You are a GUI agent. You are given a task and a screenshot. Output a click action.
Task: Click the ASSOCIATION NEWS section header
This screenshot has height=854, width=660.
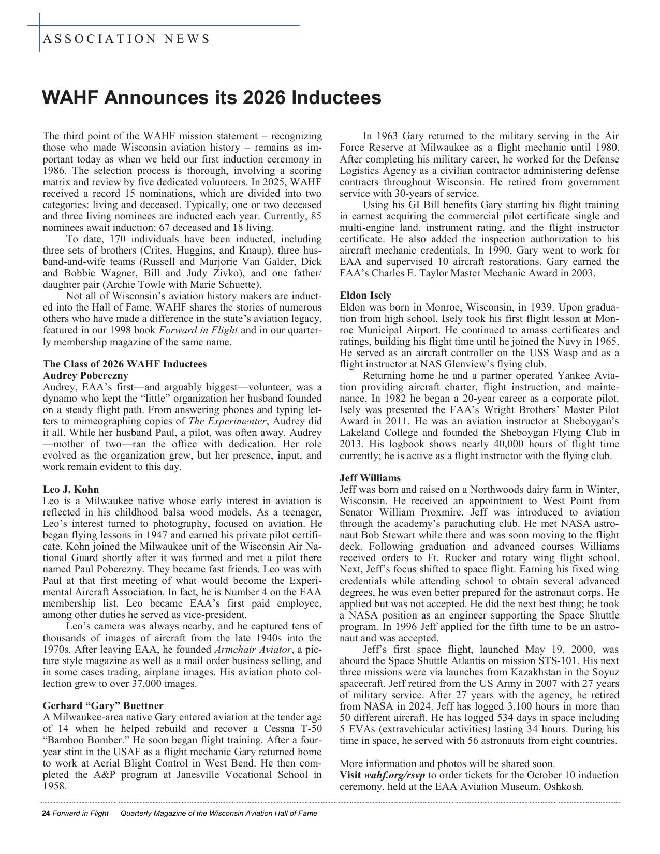tap(126, 39)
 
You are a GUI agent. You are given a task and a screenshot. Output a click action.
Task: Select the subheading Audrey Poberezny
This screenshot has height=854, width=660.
tap(85, 375)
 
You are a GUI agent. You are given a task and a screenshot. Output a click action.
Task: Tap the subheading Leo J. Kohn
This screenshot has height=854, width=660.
tap(71, 489)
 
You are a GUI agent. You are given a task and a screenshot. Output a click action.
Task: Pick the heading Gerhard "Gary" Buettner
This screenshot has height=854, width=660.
tap(103, 705)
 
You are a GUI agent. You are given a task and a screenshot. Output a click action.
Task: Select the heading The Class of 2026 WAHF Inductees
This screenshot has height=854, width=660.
tap(125, 364)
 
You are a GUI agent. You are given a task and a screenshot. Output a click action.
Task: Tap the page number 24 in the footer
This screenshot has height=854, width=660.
tap(46, 813)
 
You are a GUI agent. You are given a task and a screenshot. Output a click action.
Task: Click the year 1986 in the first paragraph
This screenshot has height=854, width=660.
tap(53, 170)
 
